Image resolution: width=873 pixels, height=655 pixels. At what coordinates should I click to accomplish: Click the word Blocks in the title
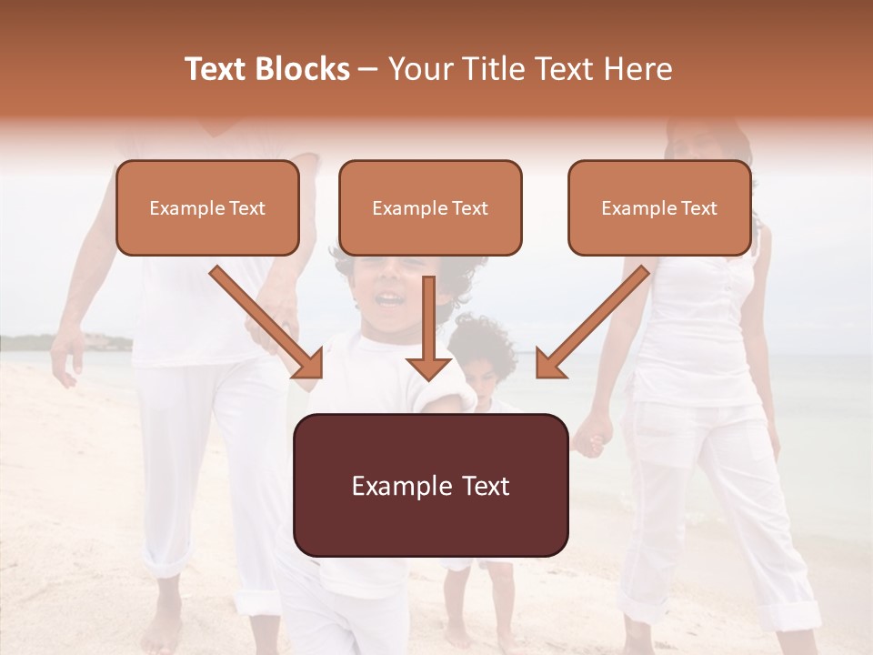pyautogui.click(x=303, y=69)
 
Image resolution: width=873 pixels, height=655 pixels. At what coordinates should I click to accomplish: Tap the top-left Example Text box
pyautogui.click(x=207, y=207)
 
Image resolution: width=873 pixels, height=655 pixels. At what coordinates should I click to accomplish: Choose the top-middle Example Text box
pyautogui.click(x=430, y=207)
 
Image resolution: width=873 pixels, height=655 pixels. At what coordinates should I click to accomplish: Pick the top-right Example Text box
pyautogui.click(x=659, y=207)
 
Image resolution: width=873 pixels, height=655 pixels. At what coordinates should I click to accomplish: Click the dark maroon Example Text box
pyautogui.click(x=431, y=485)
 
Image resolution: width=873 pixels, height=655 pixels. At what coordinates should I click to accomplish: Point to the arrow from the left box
pyautogui.click(x=269, y=324)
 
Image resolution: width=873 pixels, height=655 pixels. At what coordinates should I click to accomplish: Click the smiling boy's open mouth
pyautogui.click(x=389, y=298)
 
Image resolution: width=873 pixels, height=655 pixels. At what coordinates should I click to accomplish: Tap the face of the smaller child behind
pyautogui.click(x=482, y=373)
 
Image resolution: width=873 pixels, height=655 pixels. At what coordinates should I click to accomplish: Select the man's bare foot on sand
pyautogui.click(x=164, y=628)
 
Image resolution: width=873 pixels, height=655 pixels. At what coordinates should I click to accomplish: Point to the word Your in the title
pyautogui.click(x=419, y=69)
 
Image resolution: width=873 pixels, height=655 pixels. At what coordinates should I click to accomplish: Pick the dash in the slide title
pyautogui.click(x=368, y=69)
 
